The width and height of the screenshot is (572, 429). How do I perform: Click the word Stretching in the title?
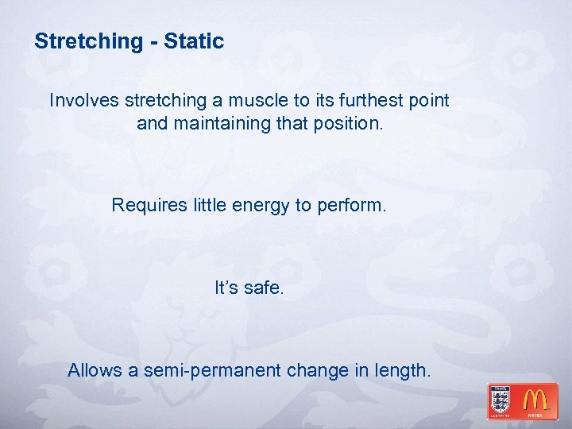(87, 41)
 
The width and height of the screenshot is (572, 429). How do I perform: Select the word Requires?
(149, 205)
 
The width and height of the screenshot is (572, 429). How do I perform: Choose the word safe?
(264, 288)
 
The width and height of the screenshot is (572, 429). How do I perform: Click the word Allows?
(94, 370)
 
